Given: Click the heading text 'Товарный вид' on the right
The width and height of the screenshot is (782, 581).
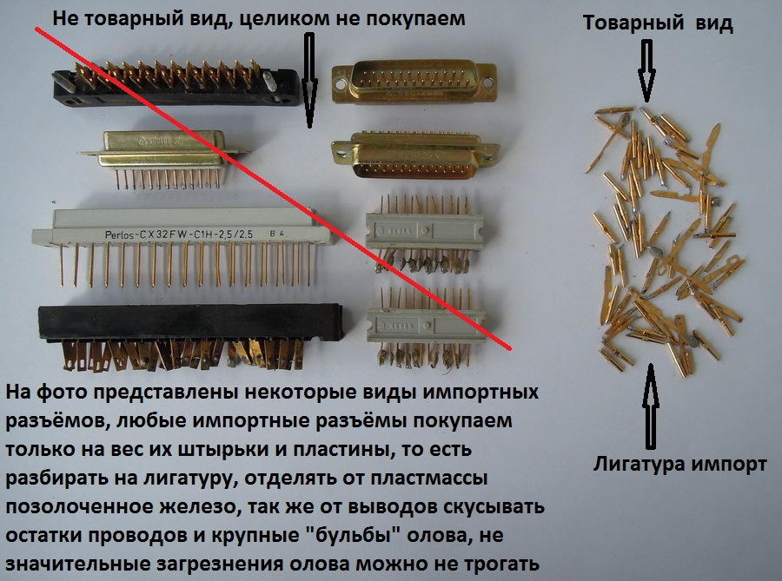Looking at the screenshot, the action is [658, 23].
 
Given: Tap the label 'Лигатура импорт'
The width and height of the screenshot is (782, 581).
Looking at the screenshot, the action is [679, 465].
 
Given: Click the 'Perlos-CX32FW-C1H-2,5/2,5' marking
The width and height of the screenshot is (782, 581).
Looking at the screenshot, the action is [179, 234].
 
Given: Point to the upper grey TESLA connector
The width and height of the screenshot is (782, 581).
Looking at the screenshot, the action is [424, 231].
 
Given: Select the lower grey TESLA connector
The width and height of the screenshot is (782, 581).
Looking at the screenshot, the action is [426, 327].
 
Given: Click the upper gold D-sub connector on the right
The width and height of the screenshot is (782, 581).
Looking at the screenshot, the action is [414, 82].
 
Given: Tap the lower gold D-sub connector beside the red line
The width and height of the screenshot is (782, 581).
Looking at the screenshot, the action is [415, 155].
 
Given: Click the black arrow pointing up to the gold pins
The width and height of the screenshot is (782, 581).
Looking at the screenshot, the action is [650, 406].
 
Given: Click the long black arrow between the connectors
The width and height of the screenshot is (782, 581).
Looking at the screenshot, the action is [309, 80].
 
